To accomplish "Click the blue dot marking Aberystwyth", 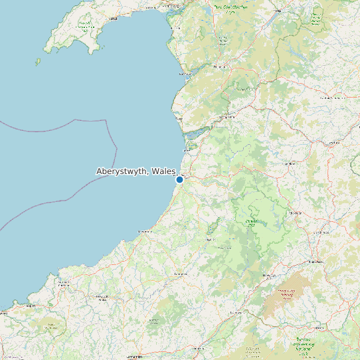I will click(x=179, y=179).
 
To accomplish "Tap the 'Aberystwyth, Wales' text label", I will click(x=135, y=171).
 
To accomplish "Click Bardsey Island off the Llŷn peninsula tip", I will click(x=38, y=62).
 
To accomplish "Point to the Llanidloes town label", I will click(x=290, y=163).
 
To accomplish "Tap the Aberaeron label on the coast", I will click(x=142, y=231).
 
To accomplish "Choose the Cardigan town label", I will click(x=65, y=282).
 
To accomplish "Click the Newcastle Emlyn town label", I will click(x=103, y=299).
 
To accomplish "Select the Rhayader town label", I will click(x=296, y=213).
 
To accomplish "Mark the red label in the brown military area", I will click(x=287, y=295).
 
